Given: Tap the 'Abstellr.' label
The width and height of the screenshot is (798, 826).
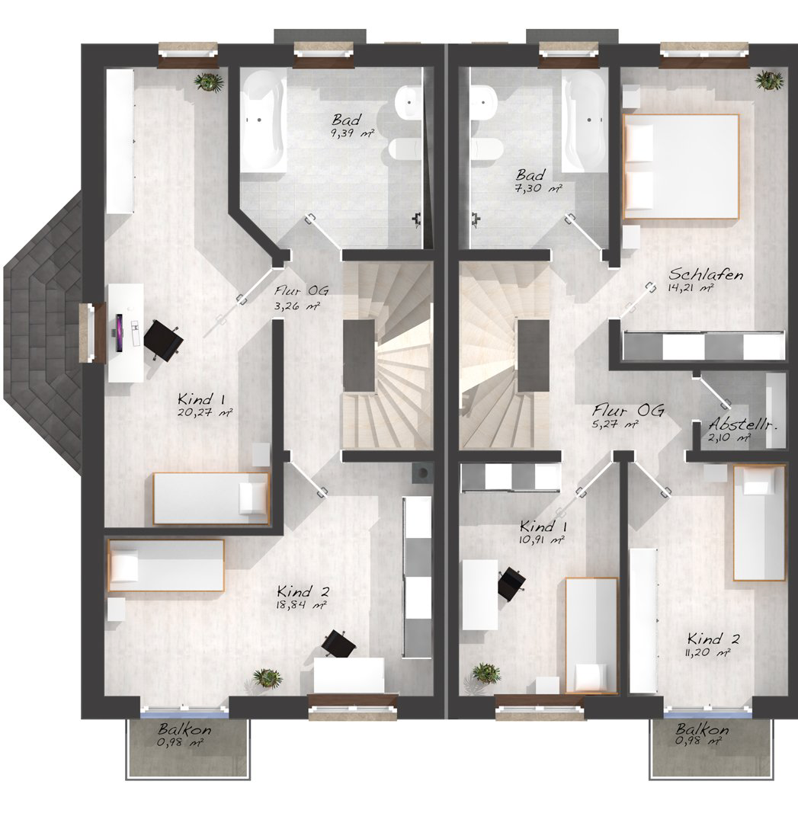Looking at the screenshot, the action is tap(743, 424).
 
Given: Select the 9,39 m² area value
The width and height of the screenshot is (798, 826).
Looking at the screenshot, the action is tap(352, 133).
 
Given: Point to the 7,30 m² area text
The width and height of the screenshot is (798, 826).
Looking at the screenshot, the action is tap(538, 187).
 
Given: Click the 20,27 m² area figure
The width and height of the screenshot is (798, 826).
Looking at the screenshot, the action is tap(206, 412).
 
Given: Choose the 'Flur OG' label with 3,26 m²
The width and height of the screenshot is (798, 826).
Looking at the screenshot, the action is tap(302, 290).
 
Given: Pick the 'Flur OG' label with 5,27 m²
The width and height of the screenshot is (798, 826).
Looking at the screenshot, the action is tap(628, 410).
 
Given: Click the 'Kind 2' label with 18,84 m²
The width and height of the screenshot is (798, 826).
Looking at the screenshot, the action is tap(303, 591).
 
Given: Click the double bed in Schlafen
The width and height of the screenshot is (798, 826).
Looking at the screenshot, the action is tap(681, 166).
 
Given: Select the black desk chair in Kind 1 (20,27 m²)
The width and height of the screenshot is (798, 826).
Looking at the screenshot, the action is tap(163, 341).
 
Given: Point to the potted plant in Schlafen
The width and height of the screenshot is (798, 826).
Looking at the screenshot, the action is tap(769, 81).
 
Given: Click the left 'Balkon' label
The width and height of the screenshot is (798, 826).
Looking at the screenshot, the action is tap(185, 730).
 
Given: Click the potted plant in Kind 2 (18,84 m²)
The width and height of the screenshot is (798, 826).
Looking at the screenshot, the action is tap(268, 677).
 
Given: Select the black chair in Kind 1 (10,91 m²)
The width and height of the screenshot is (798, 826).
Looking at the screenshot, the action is tap(511, 583).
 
